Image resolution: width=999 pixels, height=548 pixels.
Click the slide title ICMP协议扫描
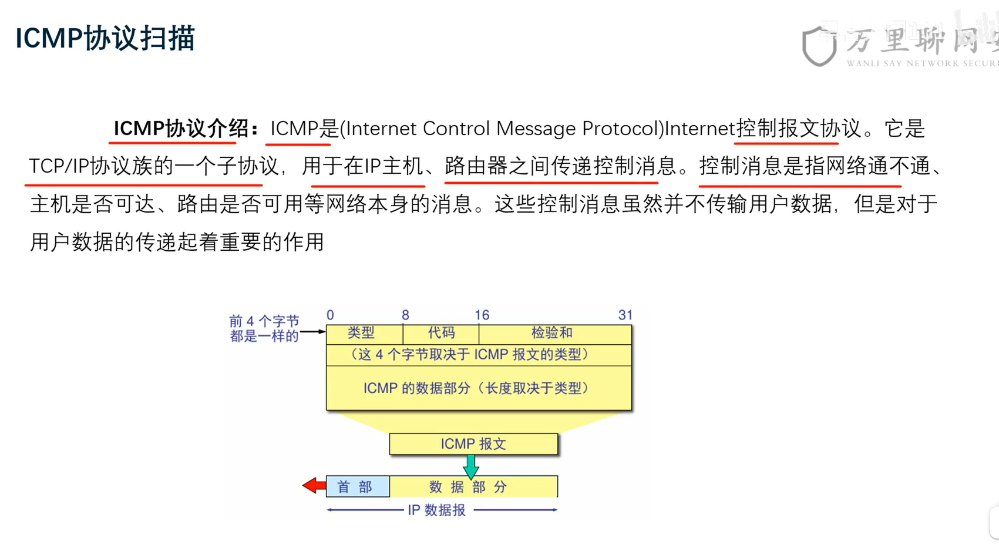105,38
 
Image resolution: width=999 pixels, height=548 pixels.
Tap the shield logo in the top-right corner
819,45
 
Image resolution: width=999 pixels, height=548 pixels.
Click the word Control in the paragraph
456,129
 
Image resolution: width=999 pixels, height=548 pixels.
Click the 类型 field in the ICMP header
361,333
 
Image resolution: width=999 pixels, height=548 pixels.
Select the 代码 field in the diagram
441,333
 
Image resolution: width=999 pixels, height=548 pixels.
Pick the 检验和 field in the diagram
552,333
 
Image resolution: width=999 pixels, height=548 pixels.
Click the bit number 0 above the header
330,315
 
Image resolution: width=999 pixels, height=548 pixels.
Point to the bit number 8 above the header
405,315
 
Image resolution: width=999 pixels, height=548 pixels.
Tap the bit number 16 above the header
482,315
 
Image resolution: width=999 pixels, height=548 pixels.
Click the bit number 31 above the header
625,315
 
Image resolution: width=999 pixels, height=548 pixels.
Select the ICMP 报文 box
473,444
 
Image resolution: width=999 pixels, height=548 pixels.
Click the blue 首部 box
357,487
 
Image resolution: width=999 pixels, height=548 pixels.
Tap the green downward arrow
471,467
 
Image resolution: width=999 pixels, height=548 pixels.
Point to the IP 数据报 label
437,510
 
